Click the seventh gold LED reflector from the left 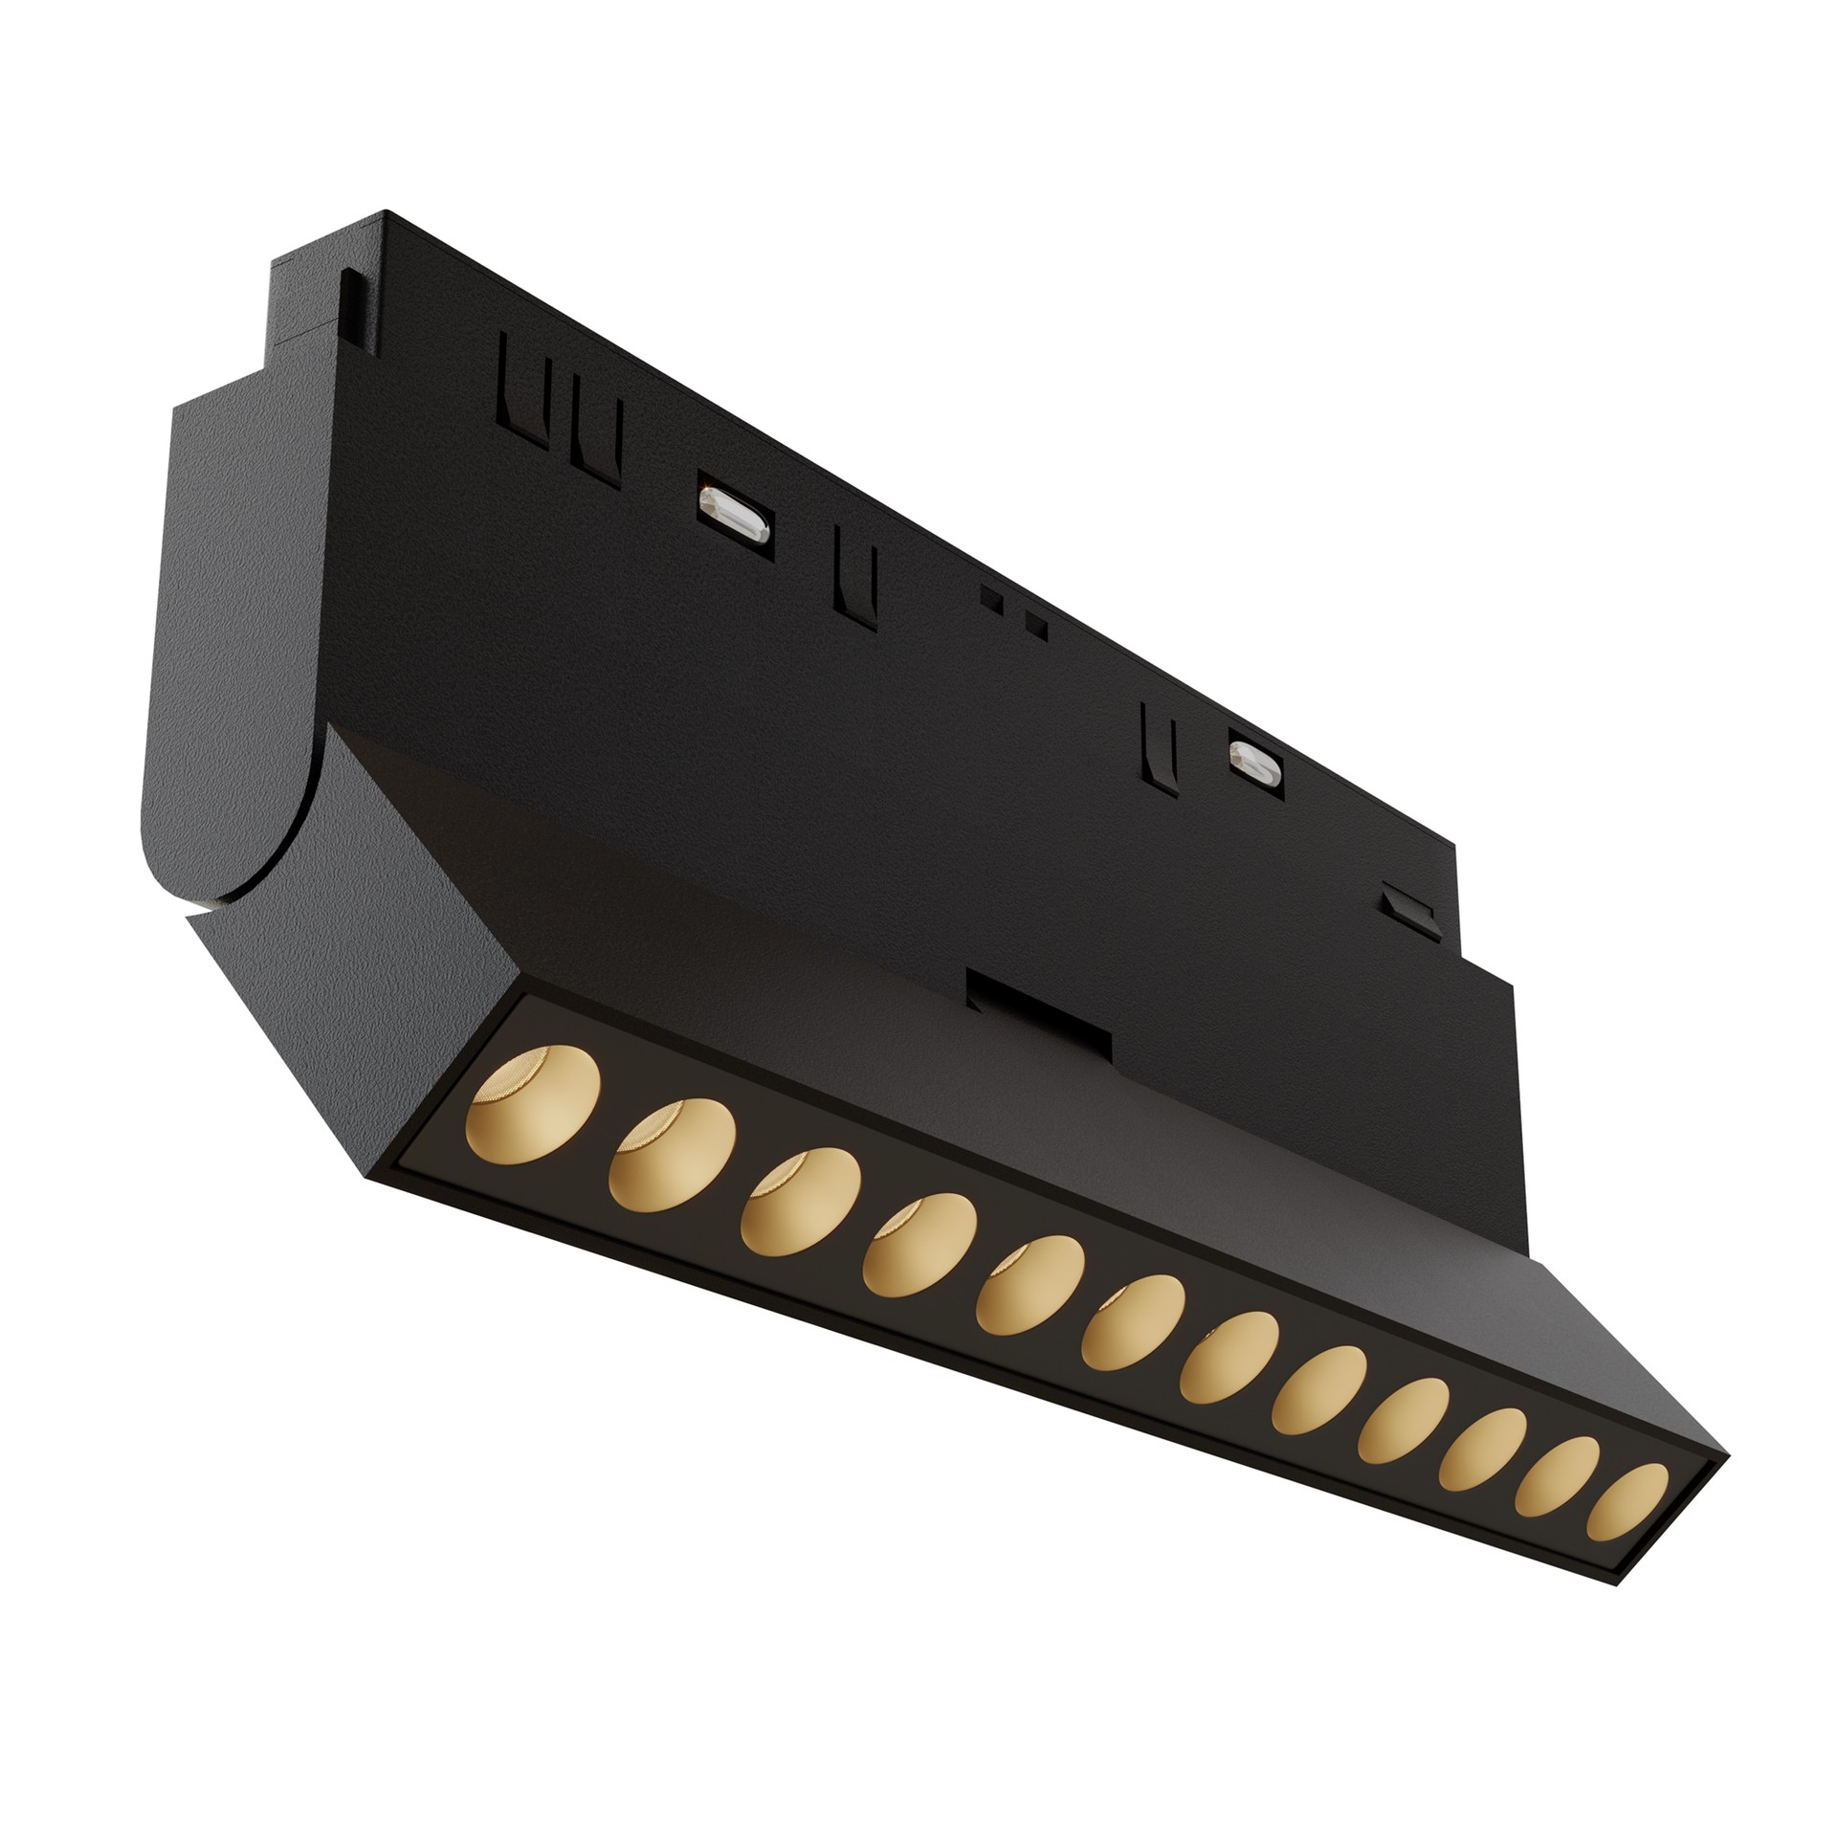click(x=1228, y=1361)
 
